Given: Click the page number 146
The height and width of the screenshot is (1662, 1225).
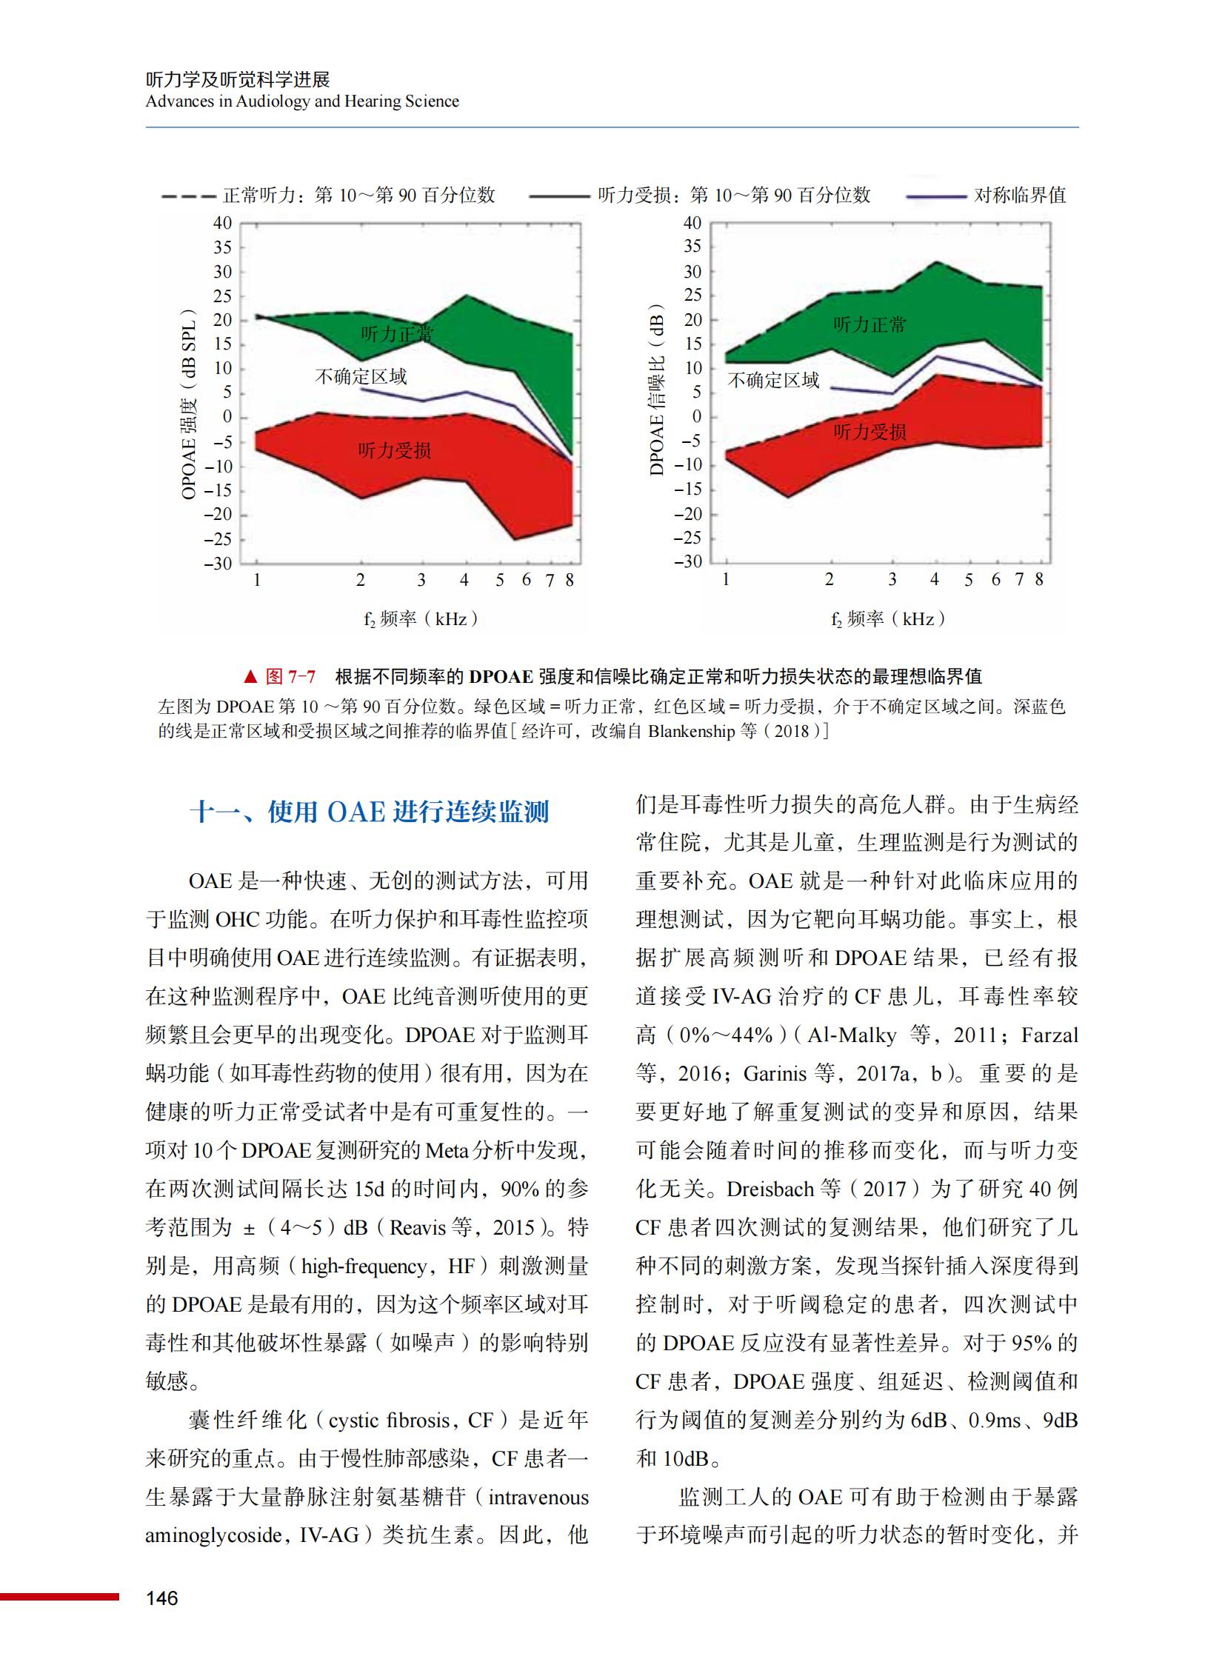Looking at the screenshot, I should (x=161, y=1598).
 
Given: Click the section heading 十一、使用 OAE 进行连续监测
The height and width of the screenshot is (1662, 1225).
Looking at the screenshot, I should (x=370, y=812).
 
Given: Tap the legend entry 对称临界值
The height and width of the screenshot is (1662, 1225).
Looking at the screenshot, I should (x=1020, y=195).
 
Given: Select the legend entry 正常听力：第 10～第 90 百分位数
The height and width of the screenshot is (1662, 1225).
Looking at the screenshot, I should (x=359, y=195).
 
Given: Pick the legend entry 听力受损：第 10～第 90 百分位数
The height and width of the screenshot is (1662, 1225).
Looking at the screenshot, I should (x=734, y=195).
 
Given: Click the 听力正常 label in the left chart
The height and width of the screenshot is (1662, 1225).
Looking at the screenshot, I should (x=397, y=334).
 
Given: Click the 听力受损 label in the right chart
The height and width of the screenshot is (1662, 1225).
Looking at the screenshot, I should (x=869, y=432).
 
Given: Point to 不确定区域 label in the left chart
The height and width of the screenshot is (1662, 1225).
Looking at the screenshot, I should (x=361, y=377).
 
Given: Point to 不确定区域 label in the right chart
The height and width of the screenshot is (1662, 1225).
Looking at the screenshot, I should (x=773, y=381).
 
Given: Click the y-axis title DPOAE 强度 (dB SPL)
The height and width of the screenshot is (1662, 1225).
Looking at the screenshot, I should (x=189, y=404).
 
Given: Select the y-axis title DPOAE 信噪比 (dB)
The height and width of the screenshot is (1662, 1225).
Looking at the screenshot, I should (x=657, y=390).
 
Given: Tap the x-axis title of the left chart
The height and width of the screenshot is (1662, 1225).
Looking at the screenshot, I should (x=421, y=618).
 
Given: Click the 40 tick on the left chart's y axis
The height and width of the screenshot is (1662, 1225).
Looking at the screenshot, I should (x=222, y=223).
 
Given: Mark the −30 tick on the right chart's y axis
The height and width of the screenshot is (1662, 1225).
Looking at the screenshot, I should (x=688, y=561).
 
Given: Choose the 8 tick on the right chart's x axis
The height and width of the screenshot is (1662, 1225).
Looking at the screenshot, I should (x=1039, y=579).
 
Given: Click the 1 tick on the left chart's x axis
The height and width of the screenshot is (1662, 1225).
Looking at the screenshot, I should (x=256, y=580).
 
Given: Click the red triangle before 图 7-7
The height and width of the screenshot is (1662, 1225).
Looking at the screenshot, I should (x=250, y=676).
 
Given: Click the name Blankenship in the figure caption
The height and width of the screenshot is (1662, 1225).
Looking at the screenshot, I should (x=691, y=731).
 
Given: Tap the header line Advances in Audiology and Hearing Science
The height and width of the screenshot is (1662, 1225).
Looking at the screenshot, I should (x=301, y=101).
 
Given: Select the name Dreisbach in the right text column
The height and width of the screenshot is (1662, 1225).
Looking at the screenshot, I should (x=770, y=1189).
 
